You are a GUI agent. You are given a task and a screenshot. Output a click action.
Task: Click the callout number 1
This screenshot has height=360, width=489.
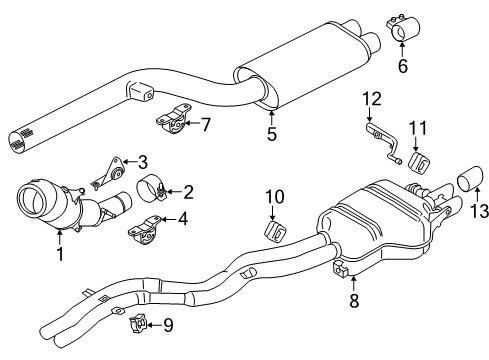[60, 254]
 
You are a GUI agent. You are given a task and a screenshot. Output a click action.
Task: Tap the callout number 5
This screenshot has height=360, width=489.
[272, 134]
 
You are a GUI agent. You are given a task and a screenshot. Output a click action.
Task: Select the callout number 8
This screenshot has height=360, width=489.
[354, 300]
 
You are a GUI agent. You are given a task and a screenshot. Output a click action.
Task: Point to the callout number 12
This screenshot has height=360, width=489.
[372, 99]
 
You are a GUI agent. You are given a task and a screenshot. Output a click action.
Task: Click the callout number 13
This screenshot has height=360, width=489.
[479, 211]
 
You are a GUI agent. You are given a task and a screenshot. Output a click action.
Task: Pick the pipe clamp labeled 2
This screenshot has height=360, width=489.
[151, 190]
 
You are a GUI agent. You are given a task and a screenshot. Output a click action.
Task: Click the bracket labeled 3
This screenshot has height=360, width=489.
[107, 173]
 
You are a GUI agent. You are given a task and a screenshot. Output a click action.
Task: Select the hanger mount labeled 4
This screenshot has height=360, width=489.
[143, 230]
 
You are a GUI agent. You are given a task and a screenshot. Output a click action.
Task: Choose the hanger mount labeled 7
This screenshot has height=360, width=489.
[173, 118]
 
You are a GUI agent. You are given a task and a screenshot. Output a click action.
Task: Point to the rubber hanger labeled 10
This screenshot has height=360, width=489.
[276, 231]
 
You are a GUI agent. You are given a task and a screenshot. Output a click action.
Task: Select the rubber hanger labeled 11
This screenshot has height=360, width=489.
[419, 163]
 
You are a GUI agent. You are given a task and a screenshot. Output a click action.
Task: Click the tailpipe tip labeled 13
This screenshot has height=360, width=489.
[470, 178]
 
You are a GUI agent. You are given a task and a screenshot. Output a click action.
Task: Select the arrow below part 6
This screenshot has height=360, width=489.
[402, 48]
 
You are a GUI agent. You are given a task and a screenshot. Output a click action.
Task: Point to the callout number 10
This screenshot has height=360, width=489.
[275, 197]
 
